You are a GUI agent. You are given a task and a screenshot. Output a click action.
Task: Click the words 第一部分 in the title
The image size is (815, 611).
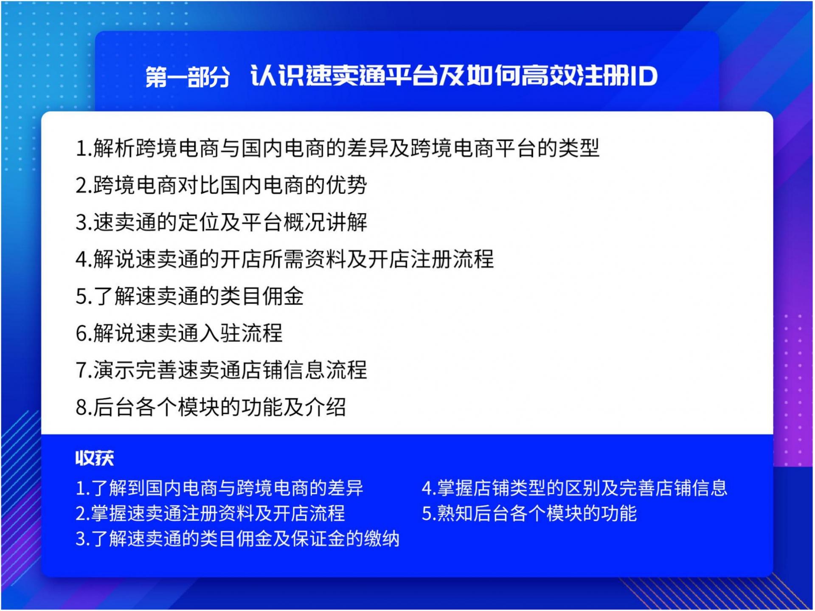click(188, 76)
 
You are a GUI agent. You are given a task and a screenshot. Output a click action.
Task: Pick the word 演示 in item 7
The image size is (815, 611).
click(114, 370)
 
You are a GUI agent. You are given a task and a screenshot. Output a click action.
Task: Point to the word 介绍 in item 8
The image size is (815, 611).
click(325, 407)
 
